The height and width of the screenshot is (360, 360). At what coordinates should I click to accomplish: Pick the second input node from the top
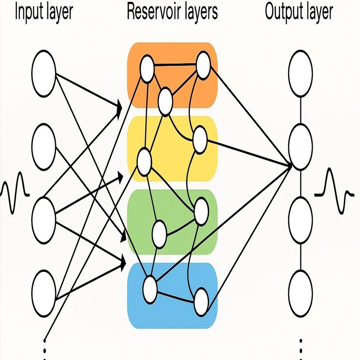point(43,147)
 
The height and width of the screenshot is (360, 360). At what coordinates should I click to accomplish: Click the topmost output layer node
point(300,73)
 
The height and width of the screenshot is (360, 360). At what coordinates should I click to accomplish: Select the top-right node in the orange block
point(203,65)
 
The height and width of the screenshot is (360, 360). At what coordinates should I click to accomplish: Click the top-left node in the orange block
point(147,69)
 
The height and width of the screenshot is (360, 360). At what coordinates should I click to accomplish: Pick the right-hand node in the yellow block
point(199,139)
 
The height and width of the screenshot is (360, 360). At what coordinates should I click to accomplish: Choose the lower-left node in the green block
point(159,233)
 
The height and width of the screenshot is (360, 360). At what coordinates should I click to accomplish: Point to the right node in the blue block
point(201,302)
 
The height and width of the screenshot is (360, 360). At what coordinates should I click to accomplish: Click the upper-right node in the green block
point(201,210)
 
